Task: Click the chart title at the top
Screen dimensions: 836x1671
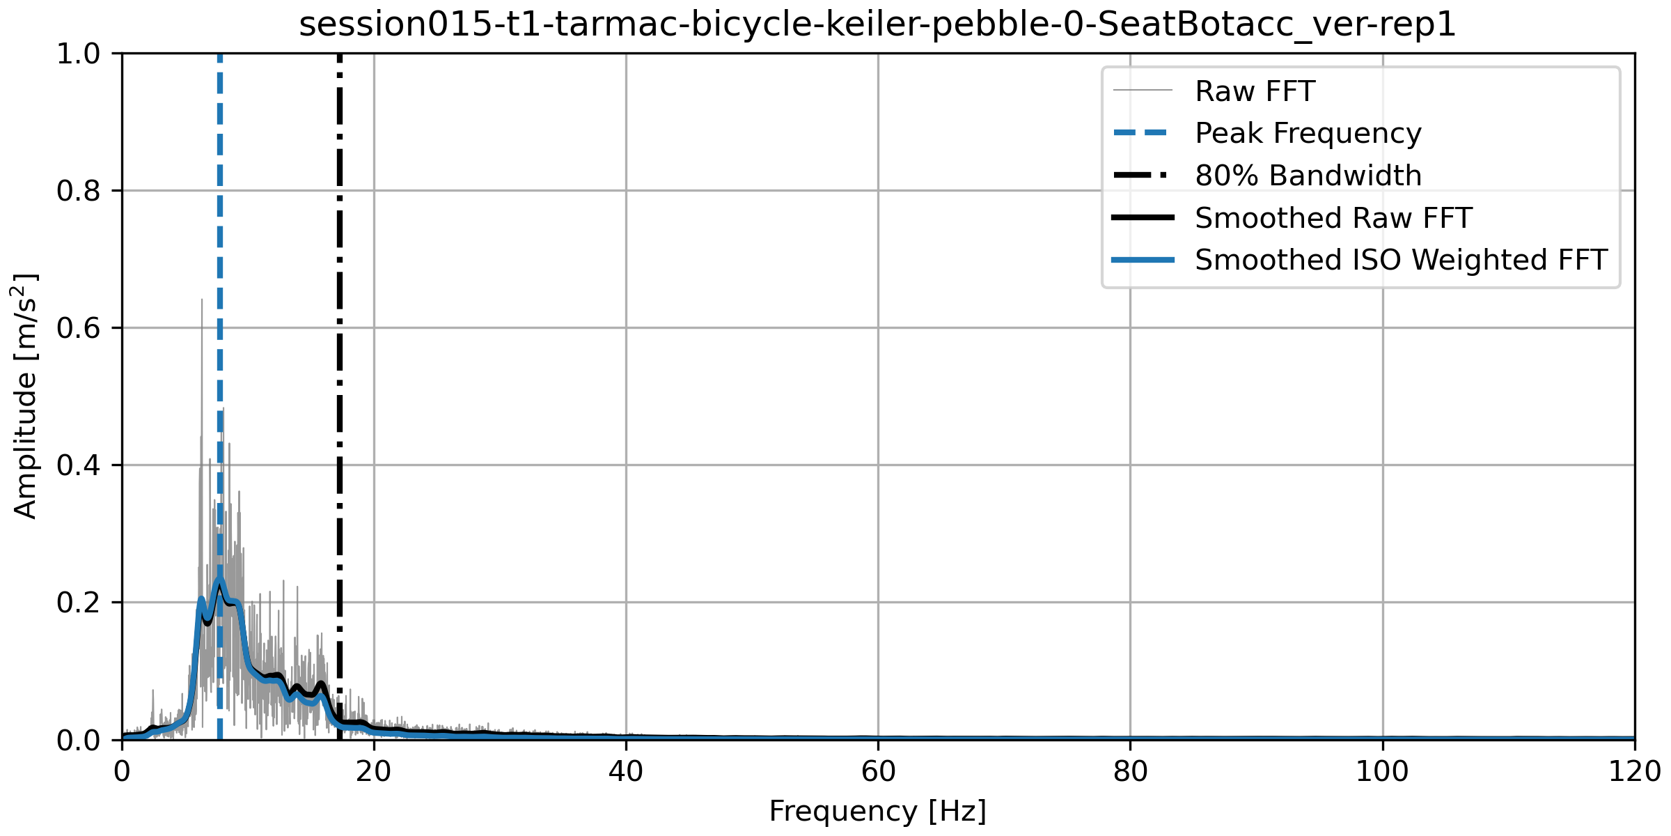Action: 877,25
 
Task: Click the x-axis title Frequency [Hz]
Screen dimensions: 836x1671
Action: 877,812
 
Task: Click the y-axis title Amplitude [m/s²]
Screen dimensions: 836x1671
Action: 25,396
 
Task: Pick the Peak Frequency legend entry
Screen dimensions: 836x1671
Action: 1308,133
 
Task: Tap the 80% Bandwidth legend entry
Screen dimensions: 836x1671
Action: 1308,176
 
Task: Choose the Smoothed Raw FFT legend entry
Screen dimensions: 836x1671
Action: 1333,218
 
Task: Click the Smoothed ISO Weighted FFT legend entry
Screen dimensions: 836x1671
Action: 1400,260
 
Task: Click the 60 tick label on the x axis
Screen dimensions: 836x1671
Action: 878,772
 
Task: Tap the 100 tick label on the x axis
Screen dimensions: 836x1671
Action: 1382,772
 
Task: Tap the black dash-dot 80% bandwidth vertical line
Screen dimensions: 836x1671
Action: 340,348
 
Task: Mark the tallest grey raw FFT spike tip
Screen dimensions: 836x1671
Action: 202,300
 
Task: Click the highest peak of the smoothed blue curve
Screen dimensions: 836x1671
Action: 220,579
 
